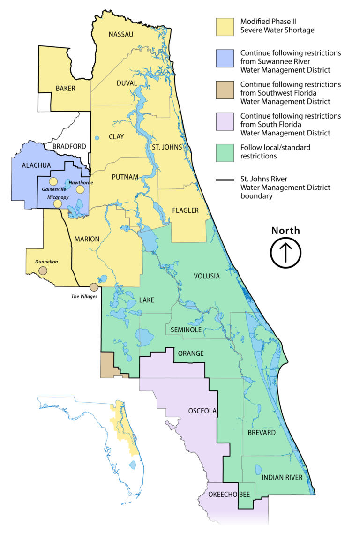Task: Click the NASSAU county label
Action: point(121,34)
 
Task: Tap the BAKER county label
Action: point(65,88)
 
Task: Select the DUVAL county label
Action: point(127,83)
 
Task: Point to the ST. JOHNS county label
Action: point(164,147)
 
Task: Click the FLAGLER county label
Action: point(185,210)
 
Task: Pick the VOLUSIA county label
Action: point(206,276)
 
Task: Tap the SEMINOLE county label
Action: point(186,330)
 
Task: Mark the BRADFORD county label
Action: point(69,146)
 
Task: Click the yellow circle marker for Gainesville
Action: point(53,182)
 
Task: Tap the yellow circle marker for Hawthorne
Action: point(80,189)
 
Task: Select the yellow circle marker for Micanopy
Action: point(57,203)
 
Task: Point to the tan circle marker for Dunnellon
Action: point(43,270)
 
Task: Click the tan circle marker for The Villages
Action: point(94,287)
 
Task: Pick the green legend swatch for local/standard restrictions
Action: point(224,151)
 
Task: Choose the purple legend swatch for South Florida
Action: point(224,120)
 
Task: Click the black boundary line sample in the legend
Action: point(224,180)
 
